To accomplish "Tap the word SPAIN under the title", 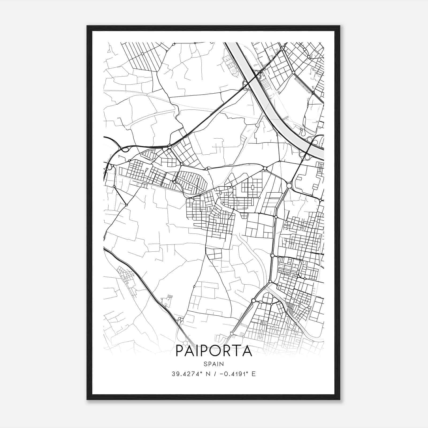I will tap(214, 364).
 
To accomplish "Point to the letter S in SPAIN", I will tap(205, 364).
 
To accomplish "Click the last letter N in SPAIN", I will tap(222, 364).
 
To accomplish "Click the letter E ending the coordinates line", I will tap(254, 374).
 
